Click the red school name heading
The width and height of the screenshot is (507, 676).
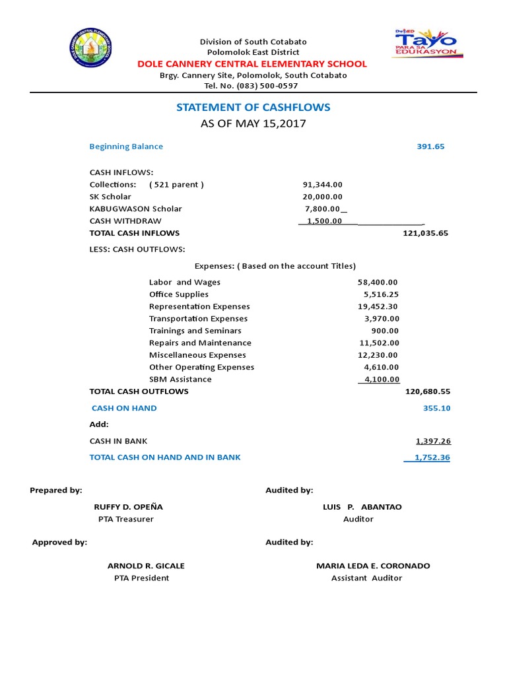pyautogui.click(x=252, y=64)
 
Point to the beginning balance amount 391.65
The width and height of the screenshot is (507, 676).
pyautogui.click(x=430, y=147)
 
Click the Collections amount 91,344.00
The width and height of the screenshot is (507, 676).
pyautogui.click(x=322, y=185)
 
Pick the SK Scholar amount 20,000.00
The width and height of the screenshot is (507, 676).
pyautogui.click(x=322, y=197)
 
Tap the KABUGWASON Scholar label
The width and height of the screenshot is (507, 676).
pyautogui.click(x=135, y=209)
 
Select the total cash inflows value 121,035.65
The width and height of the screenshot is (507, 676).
pyautogui.click(x=425, y=233)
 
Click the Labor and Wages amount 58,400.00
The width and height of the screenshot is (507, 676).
pyautogui.click(x=378, y=283)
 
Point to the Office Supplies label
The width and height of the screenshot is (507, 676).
pyautogui.click(x=178, y=294)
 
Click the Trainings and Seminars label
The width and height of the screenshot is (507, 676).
pyautogui.click(x=195, y=331)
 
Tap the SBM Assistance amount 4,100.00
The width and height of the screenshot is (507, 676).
pyautogui.click(x=379, y=380)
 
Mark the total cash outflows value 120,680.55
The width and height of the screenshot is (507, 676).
pyautogui.click(x=427, y=391)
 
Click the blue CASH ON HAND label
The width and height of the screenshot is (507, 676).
pyautogui.click(x=124, y=408)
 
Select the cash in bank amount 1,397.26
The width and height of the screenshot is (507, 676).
pyautogui.click(x=433, y=441)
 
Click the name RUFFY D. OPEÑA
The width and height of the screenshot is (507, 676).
pyautogui.click(x=128, y=507)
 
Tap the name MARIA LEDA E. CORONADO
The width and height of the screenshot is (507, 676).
pyautogui.click(x=373, y=566)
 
